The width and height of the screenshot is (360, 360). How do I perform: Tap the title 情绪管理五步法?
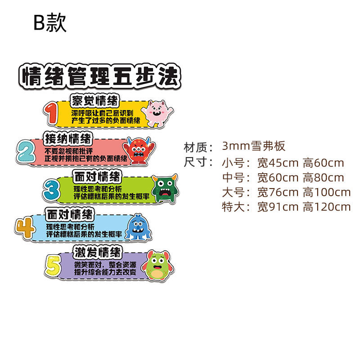click(100, 76)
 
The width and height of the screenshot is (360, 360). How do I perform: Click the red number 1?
click(53, 113)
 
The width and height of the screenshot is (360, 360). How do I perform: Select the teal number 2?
click(26, 150)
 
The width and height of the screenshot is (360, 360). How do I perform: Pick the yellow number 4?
click(25, 227)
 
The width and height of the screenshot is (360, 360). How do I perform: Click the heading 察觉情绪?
click(95, 100)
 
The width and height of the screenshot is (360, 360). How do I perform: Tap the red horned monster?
click(138, 150)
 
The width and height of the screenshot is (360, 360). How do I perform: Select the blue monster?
click(138, 227)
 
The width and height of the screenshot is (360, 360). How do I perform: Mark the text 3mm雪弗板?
click(254, 146)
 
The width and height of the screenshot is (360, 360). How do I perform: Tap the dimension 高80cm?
click(323, 177)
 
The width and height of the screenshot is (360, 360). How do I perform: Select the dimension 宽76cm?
click(278, 192)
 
